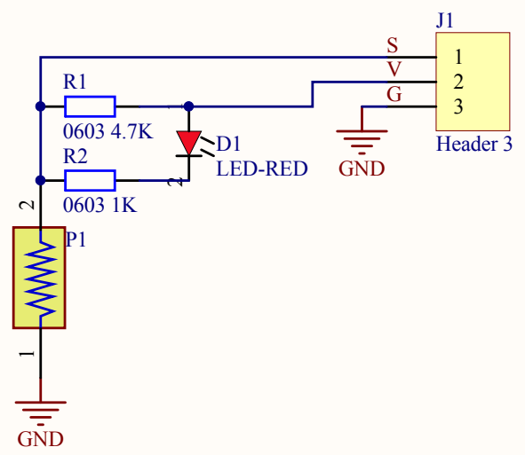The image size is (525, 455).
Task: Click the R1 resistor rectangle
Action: coord(90,106)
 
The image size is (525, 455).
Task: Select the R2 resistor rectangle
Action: coord(90,181)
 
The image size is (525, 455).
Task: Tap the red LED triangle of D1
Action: coord(189,143)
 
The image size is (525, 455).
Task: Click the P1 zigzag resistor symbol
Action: coord(41,278)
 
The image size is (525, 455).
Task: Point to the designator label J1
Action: coord(445,20)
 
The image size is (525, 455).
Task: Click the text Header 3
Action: coord(474,144)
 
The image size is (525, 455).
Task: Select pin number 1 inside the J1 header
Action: coord(458,57)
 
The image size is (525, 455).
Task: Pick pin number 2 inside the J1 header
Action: coord(458,82)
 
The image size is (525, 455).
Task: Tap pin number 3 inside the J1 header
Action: coord(458,107)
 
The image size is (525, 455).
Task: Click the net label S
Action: coord(393,45)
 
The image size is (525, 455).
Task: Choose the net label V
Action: coord(394,69)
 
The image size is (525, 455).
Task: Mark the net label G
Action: coord(394,94)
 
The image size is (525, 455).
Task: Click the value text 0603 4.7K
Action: coord(108,131)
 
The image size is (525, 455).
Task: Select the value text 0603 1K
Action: coord(100,205)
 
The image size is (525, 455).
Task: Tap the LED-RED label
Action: coord(262,169)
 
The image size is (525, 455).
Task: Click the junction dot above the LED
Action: coord(189,106)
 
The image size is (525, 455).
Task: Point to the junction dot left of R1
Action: coord(41,106)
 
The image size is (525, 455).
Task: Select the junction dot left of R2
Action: coord(41,181)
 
